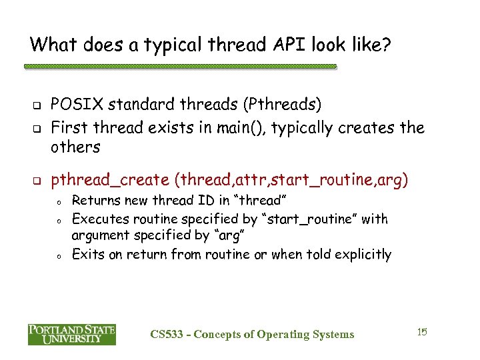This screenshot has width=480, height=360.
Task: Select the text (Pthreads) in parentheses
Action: pyautogui.click(x=283, y=105)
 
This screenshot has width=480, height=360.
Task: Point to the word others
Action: pyautogui.click(x=75, y=147)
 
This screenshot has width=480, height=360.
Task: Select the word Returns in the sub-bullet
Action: pyautogui.click(x=94, y=200)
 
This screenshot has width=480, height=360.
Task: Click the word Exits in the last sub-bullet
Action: pyautogui.click(x=85, y=254)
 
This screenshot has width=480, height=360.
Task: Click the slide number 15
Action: pyautogui.click(x=421, y=331)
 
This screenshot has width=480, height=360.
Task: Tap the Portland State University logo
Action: pyautogui.click(x=71, y=334)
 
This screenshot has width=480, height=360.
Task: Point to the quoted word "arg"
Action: pyautogui.click(x=203, y=236)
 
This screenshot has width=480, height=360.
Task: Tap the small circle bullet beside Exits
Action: pyautogui.click(x=59, y=255)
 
